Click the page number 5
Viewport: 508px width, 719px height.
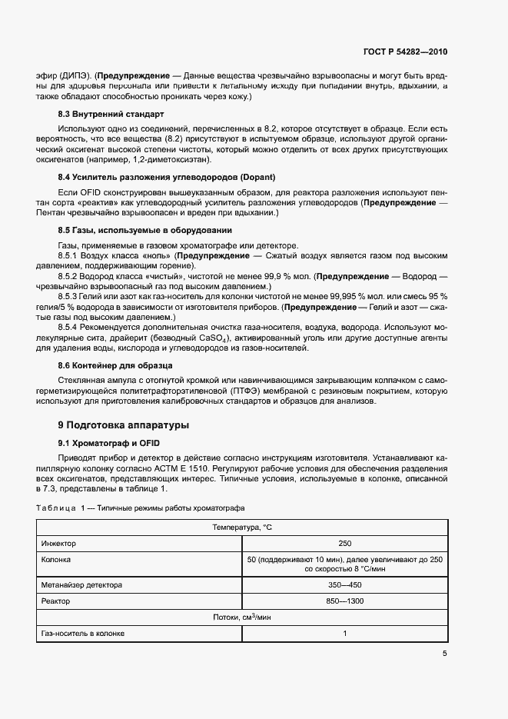(445, 654)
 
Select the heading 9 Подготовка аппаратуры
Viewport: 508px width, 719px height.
(123, 424)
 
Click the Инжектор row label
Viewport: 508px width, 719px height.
(60, 543)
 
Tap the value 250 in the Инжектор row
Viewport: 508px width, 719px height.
(345, 543)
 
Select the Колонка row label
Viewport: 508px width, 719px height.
(56, 560)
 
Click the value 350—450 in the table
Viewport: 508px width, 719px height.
(345, 584)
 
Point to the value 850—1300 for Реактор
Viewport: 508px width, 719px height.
(345, 601)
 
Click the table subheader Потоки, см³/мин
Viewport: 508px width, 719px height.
(242, 617)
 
